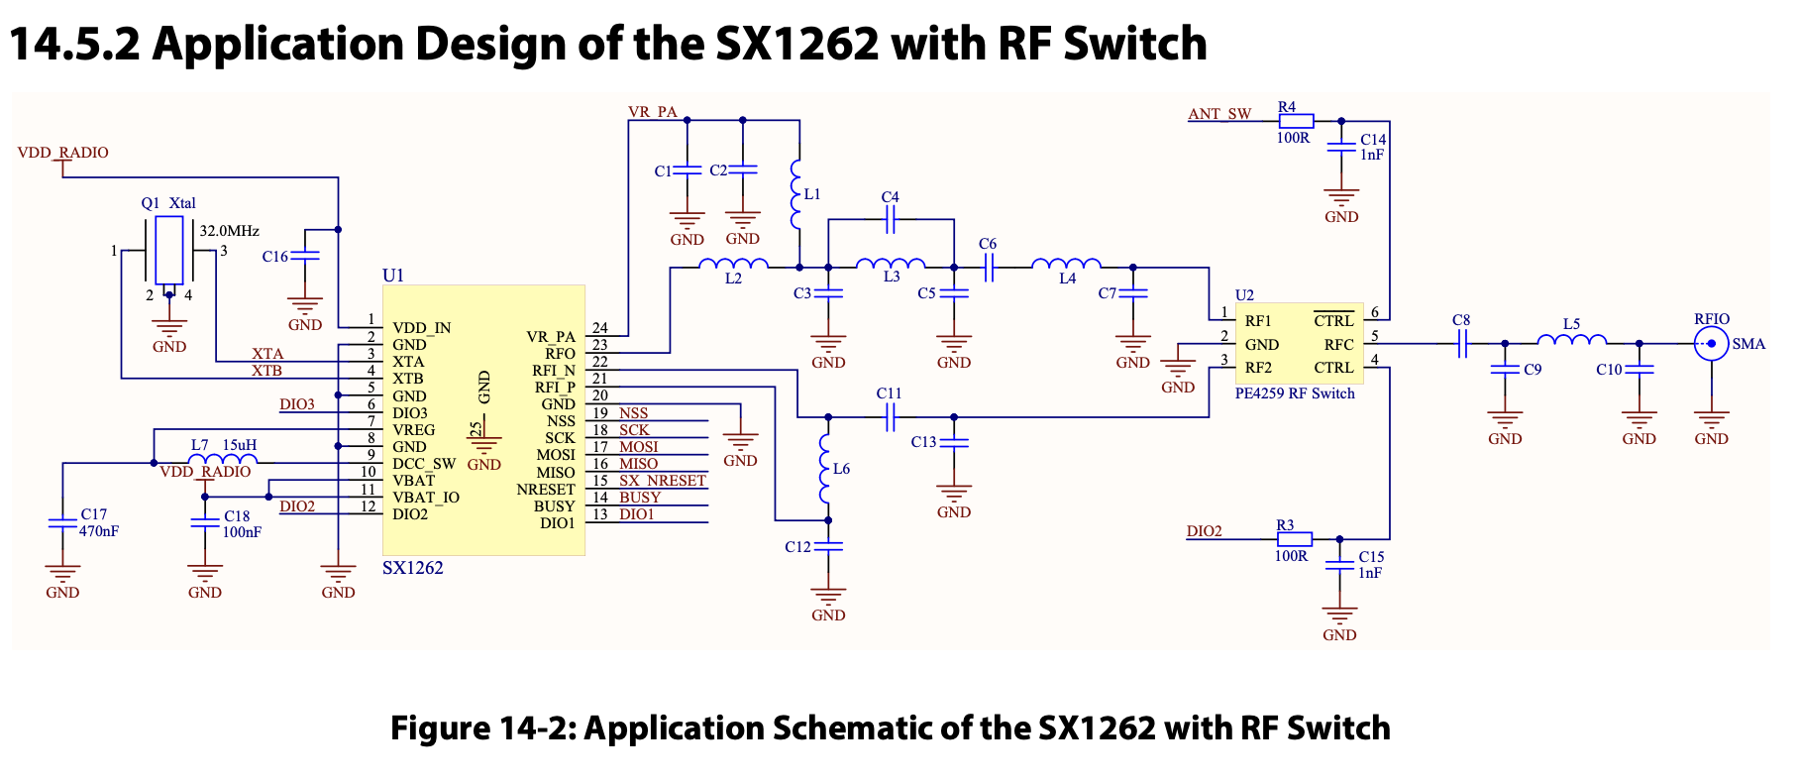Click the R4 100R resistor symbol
(1296, 121)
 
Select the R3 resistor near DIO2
(1294, 539)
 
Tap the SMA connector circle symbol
(1711, 345)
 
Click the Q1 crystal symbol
(169, 251)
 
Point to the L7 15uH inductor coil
(223, 460)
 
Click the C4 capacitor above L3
(890, 220)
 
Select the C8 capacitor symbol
(1461, 344)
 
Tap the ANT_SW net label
(1219, 114)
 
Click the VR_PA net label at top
(653, 112)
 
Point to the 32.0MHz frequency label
(230, 231)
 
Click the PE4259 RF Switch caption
(1295, 393)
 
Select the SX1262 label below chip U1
(413, 568)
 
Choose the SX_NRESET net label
(663, 481)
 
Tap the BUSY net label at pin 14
(640, 498)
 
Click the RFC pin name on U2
(1338, 345)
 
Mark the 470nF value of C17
(99, 531)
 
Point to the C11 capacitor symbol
(890, 417)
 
